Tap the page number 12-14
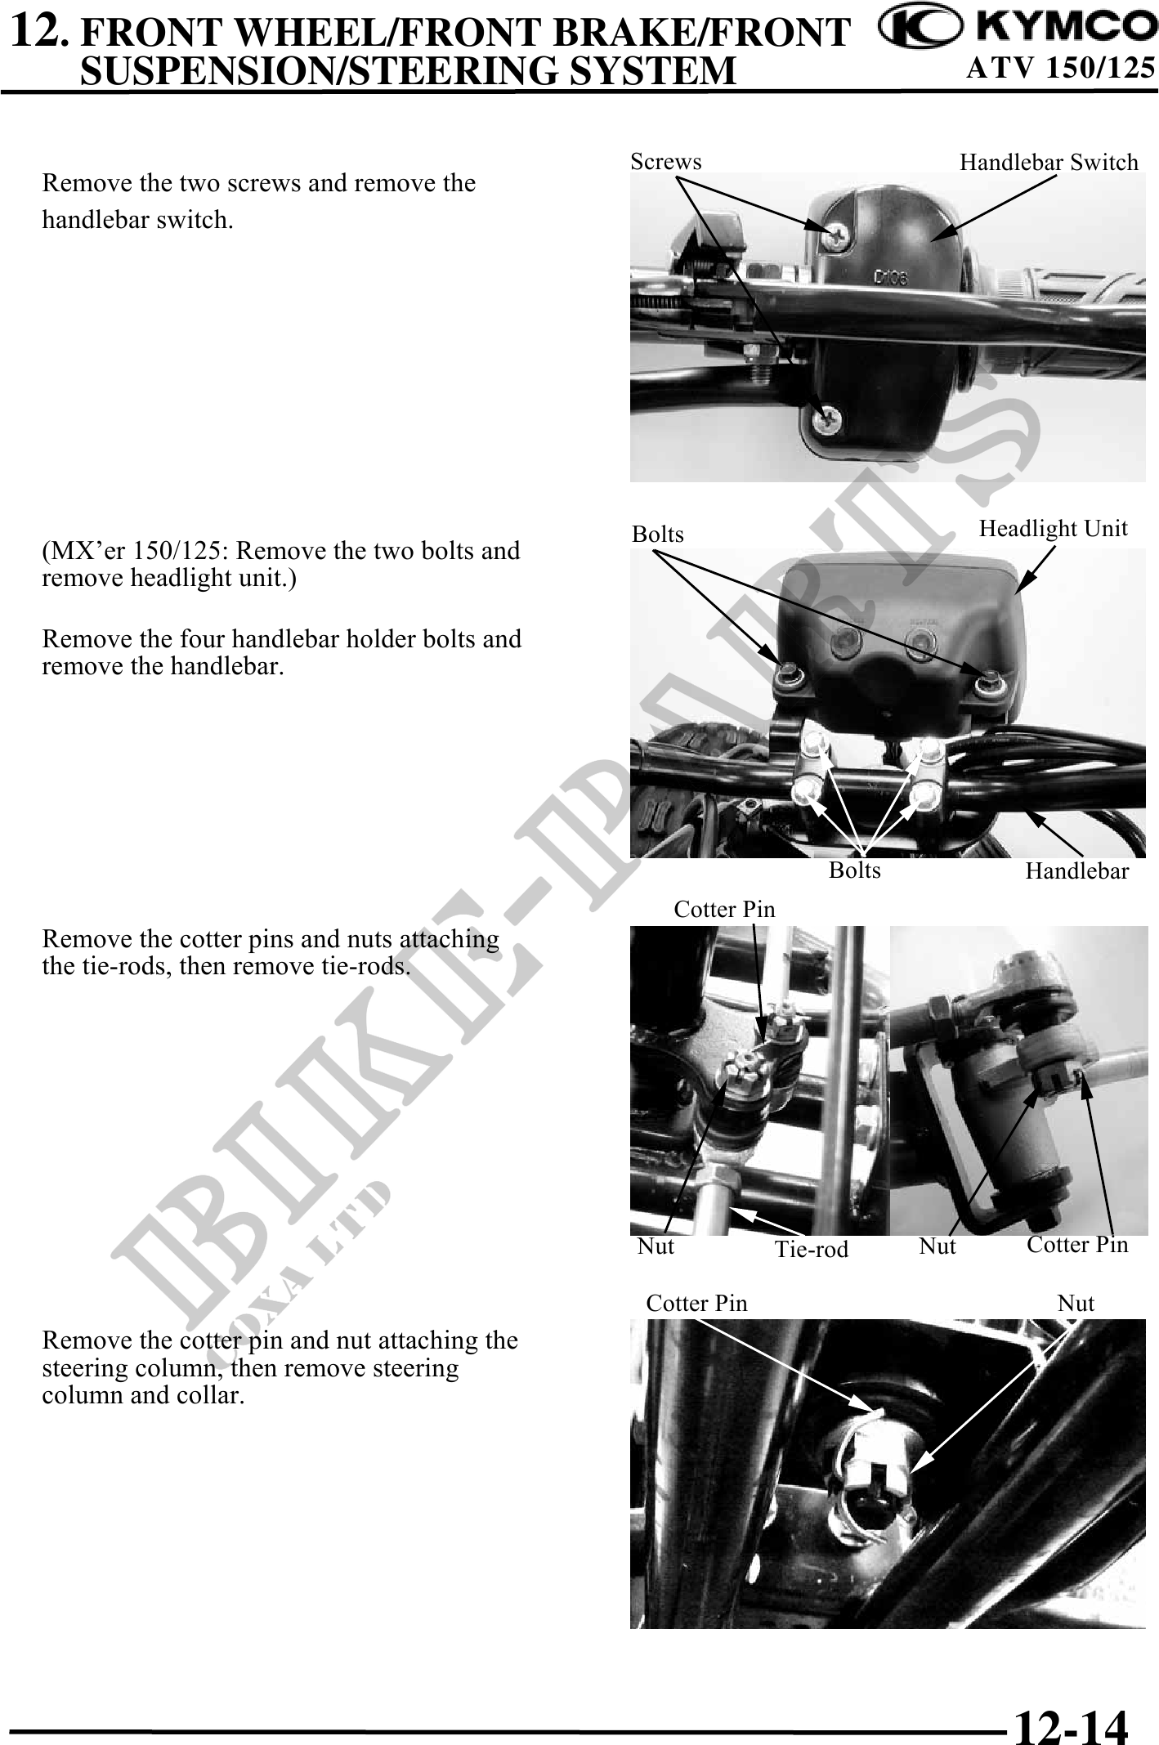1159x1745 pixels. [x=1071, y=1706]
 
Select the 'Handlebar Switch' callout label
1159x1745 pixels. [x=1049, y=163]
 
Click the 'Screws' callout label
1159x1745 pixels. [x=666, y=162]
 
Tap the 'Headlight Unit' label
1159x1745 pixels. [x=1053, y=530]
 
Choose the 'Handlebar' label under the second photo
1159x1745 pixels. [x=1077, y=871]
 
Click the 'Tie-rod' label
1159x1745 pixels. [x=812, y=1249]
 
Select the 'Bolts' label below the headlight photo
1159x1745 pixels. [x=855, y=870]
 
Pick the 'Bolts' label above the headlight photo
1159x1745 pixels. [x=658, y=535]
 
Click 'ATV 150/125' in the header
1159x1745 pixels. [x=1060, y=69]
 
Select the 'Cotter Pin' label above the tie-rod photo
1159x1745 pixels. [x=724, y=909]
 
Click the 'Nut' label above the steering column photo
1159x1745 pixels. [x=1076, y=1304]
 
